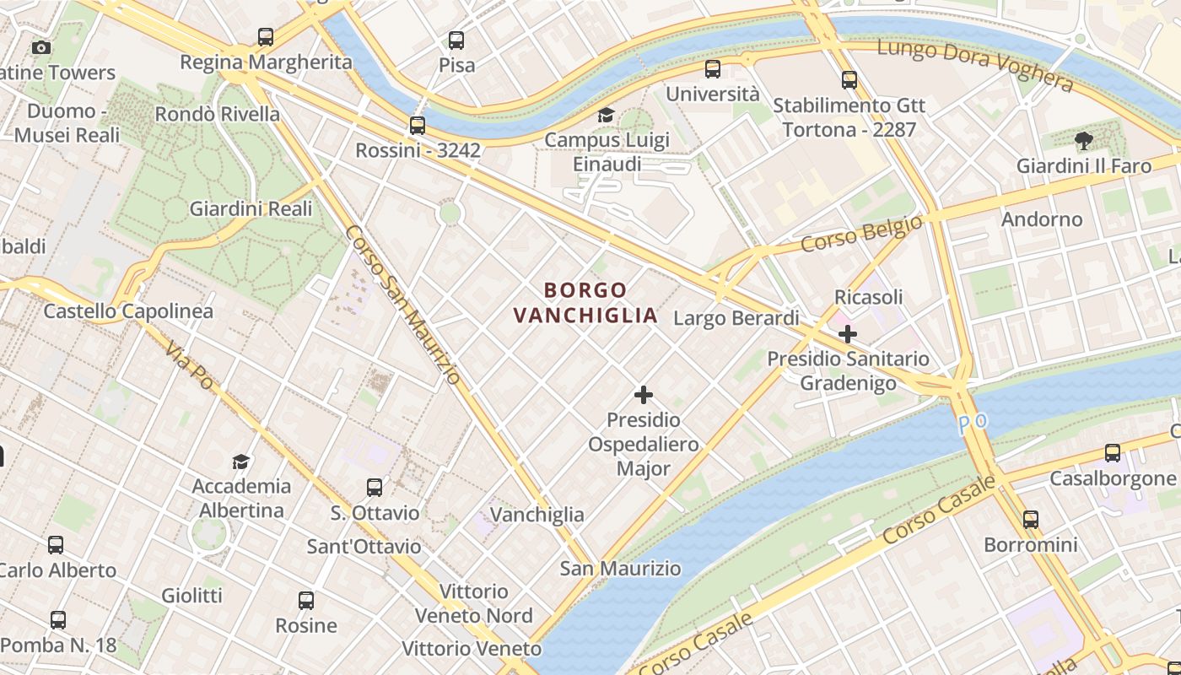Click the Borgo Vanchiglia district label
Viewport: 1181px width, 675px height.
coord(585,303)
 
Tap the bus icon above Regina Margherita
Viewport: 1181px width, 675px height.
coord(266,37)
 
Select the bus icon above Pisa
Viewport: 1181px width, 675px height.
coord(456,40)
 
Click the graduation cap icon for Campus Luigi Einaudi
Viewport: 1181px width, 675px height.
coord(606,115)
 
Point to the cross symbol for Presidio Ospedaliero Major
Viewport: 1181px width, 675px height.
coord(644,395)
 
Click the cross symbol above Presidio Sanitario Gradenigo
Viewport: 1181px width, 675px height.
coord(848,335)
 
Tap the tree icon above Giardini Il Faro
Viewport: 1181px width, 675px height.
coord(1083,141)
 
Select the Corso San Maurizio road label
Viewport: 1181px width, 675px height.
coord(403,305)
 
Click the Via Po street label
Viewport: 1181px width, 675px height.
coord(189,365)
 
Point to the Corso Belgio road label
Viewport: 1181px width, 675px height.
coord(861,234)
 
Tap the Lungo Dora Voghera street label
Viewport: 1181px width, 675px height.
coord(975,66)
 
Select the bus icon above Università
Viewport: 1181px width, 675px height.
coord(713,69)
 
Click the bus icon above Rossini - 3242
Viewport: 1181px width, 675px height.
coord(418,126)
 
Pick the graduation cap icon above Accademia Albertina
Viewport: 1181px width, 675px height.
coord(241,462)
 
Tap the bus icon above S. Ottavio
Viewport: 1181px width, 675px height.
coord(375,488)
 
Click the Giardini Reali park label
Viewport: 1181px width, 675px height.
coord(251,208)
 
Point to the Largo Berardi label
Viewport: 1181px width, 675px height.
coord(736,318)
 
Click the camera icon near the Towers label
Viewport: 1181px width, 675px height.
coord(40,48)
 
